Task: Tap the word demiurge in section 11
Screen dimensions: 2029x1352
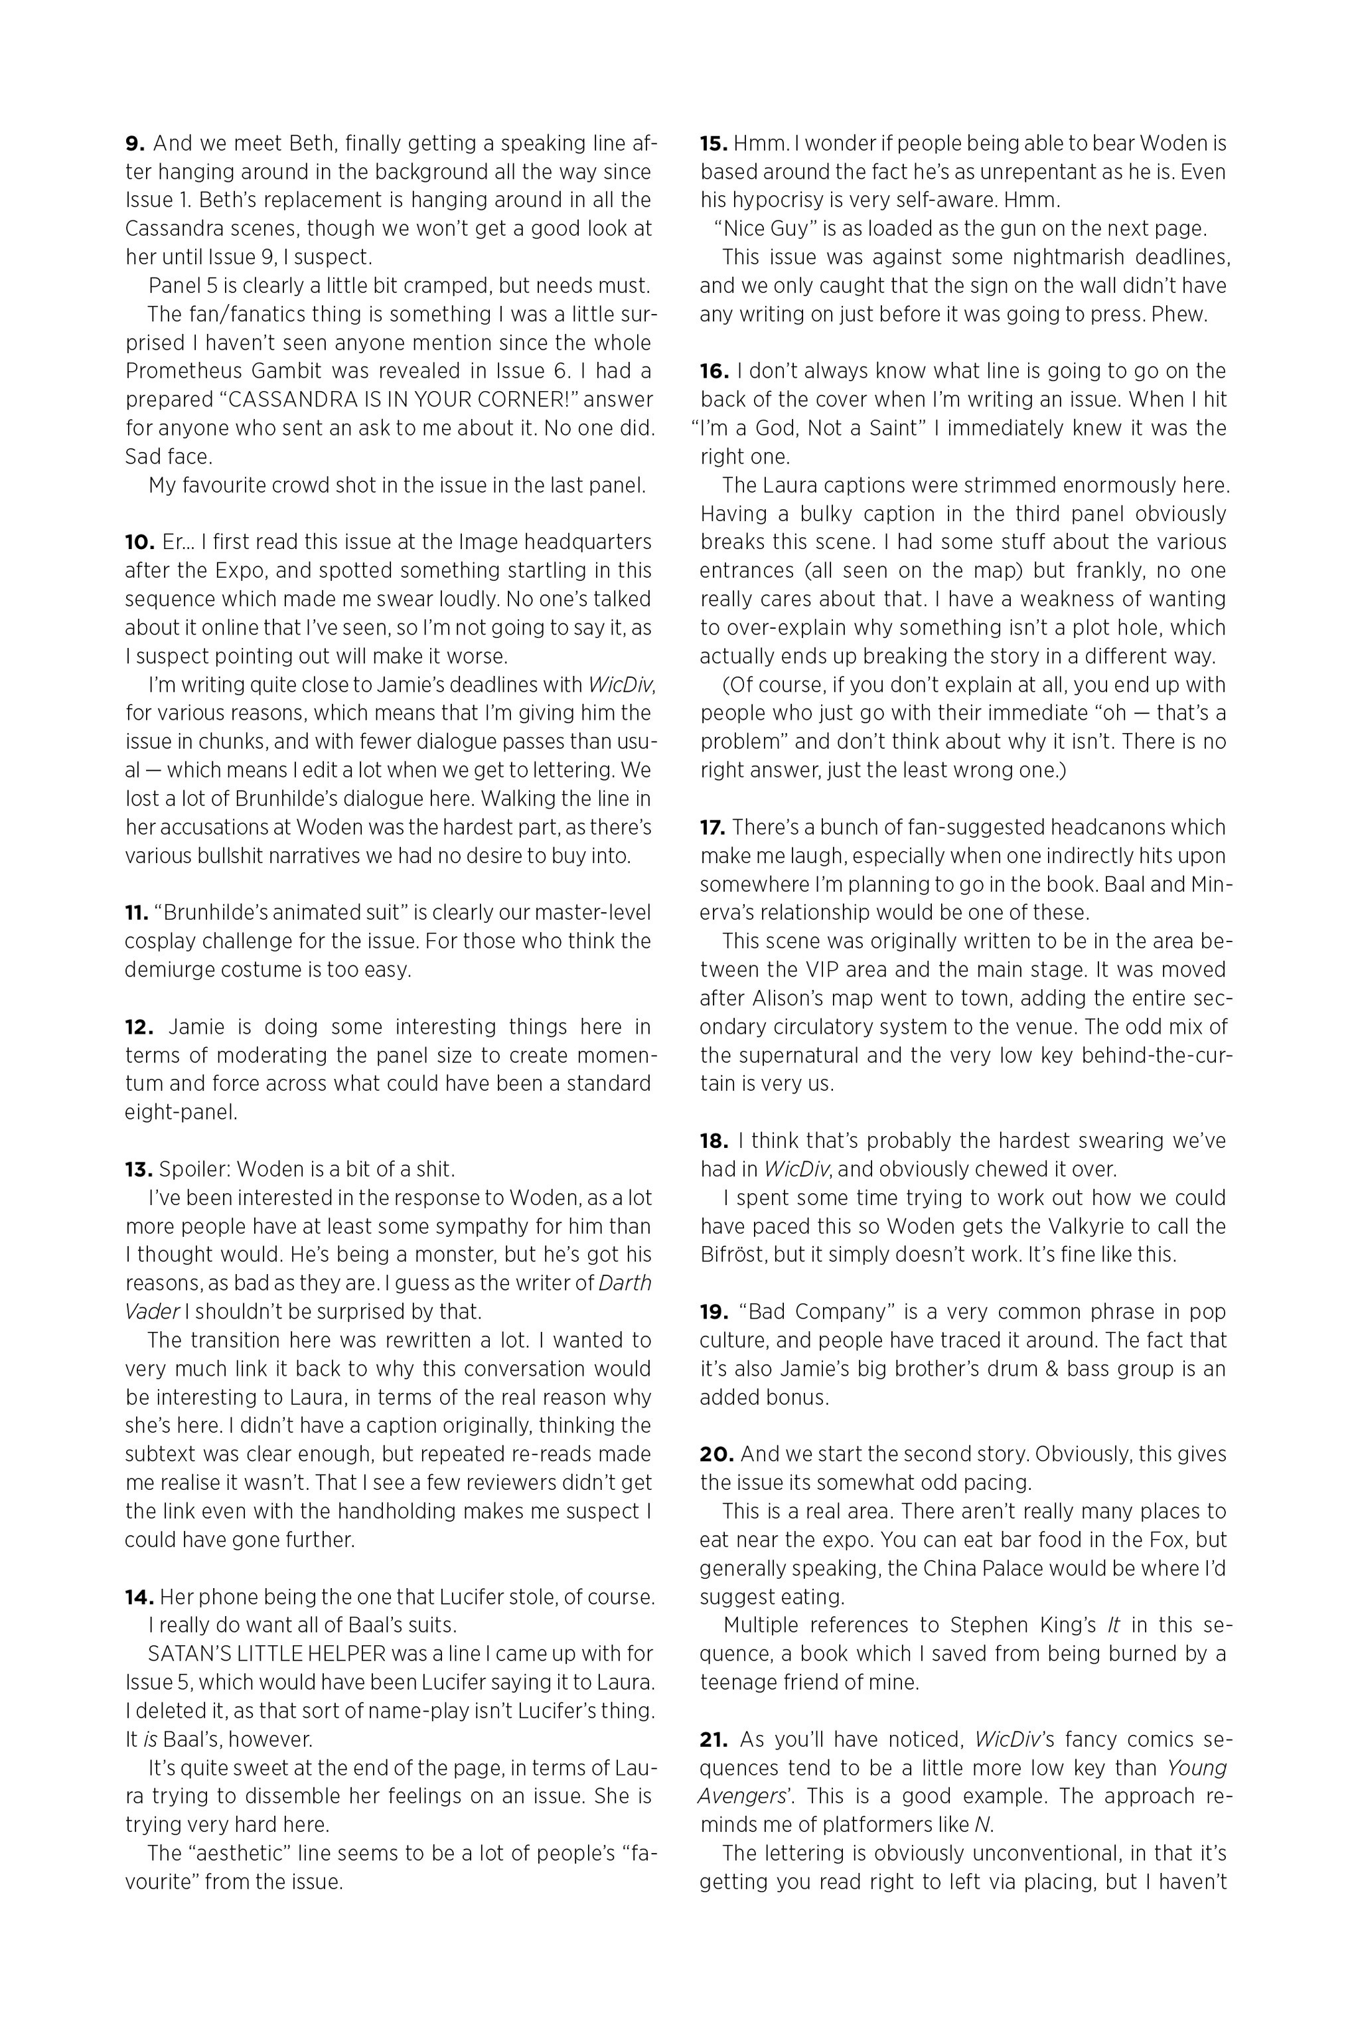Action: coord(167,969)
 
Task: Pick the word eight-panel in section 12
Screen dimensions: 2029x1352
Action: coord(181,1112)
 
